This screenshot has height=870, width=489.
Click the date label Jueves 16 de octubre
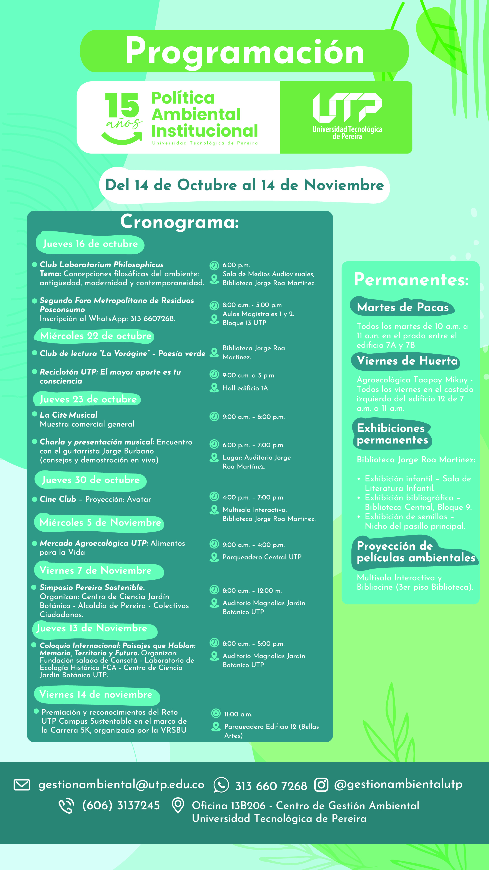click(90, 244)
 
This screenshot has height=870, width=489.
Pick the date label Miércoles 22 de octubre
click(95, 336)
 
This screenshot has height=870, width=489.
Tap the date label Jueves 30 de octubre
click(90, 480)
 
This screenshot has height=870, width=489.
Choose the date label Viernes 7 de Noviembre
click(95, 571)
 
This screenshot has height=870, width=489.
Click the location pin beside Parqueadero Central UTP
click(214, 557)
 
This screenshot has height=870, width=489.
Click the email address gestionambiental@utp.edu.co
click(121, 785)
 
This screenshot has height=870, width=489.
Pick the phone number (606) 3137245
click(121, 805)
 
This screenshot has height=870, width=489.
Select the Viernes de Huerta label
click(407, 361)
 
